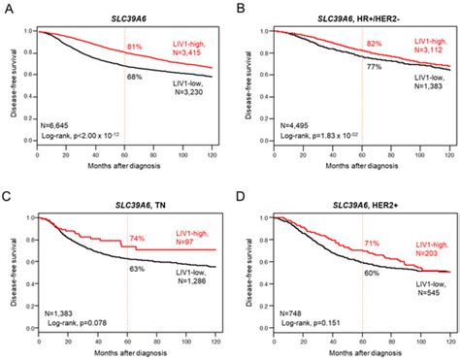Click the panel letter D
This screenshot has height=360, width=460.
242,192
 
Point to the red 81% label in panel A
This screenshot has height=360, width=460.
135,45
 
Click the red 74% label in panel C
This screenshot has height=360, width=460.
137,239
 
